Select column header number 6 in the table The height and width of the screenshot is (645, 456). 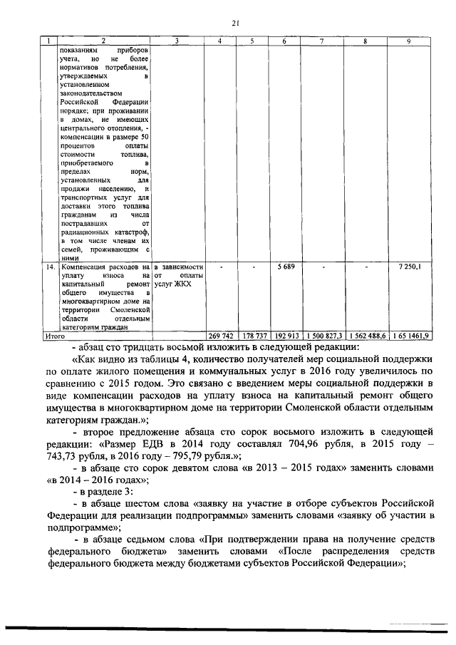coord(284,41)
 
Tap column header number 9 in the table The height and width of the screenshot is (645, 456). coord(408,41)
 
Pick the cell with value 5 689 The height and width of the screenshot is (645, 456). coord(284,267)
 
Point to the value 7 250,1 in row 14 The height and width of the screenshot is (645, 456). coord(408,267)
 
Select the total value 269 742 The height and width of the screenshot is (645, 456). coord(220,334)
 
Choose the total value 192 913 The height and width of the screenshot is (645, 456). coord(284,334)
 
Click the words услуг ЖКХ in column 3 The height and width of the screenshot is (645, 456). coord(175,284)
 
